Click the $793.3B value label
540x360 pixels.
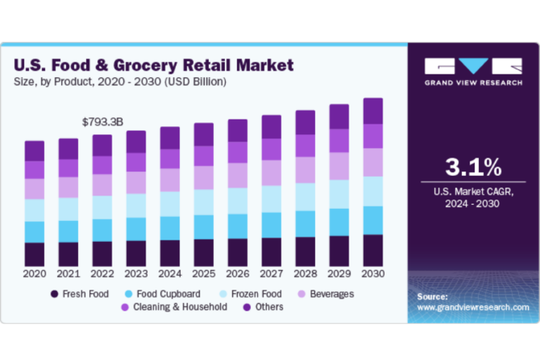(x=103, y=122)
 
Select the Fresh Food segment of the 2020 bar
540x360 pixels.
(x=34, y=254)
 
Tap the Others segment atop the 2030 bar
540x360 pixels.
(x=373, y=111)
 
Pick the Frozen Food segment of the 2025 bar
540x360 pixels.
(x=204, y=202)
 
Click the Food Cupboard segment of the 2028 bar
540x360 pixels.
(x=305, y=224)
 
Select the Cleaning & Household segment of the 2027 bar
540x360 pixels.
(x=271, y=149)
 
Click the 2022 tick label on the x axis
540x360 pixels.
(x=102, y=274)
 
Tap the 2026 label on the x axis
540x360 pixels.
(x=238, y=274)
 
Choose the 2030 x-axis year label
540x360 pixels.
(x=373, y=274)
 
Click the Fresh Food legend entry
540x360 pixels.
(x=80, y=294)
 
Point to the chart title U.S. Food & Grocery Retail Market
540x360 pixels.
(x=153, y=66)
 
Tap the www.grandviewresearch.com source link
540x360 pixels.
(x=472, y=307)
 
